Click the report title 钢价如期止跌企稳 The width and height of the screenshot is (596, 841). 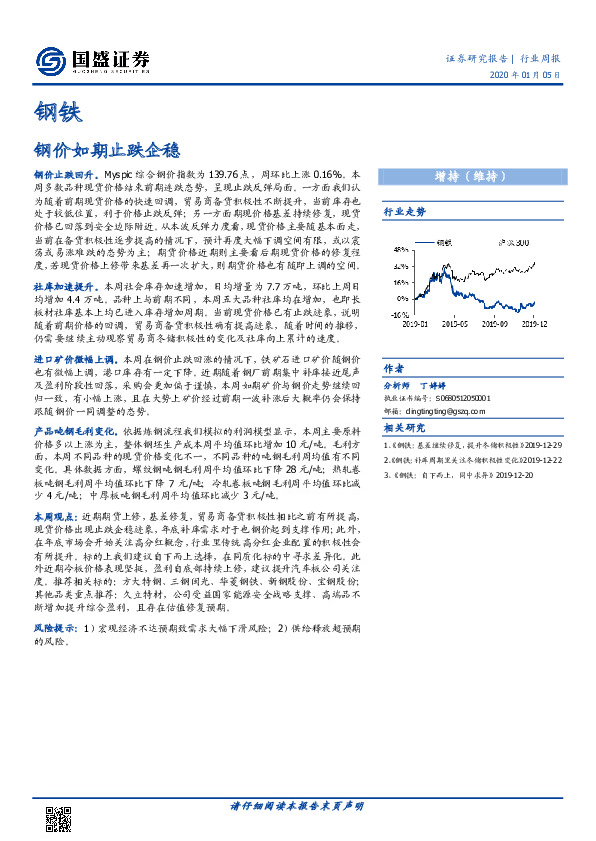click(x=107, y=150)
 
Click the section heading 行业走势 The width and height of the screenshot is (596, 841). click(x=405, y=213)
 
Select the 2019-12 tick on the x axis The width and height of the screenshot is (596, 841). click(x=540, y=324)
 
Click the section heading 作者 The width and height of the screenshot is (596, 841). click(x=393, y=367)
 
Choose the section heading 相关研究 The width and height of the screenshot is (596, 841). click(x=405, y=428)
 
